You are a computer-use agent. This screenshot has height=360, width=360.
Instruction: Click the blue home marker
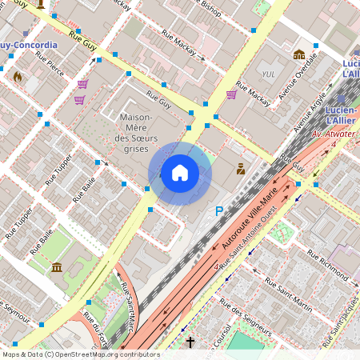pos(180,172)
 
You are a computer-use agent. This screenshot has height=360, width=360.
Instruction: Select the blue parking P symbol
pos(219,211)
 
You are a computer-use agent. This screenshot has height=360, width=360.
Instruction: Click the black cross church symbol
pos(190,342)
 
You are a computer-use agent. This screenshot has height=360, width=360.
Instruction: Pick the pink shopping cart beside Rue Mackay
pos(231,94)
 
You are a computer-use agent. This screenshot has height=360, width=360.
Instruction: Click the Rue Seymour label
pos(14,308)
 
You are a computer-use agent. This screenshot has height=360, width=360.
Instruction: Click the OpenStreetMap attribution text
pos(80,354)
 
